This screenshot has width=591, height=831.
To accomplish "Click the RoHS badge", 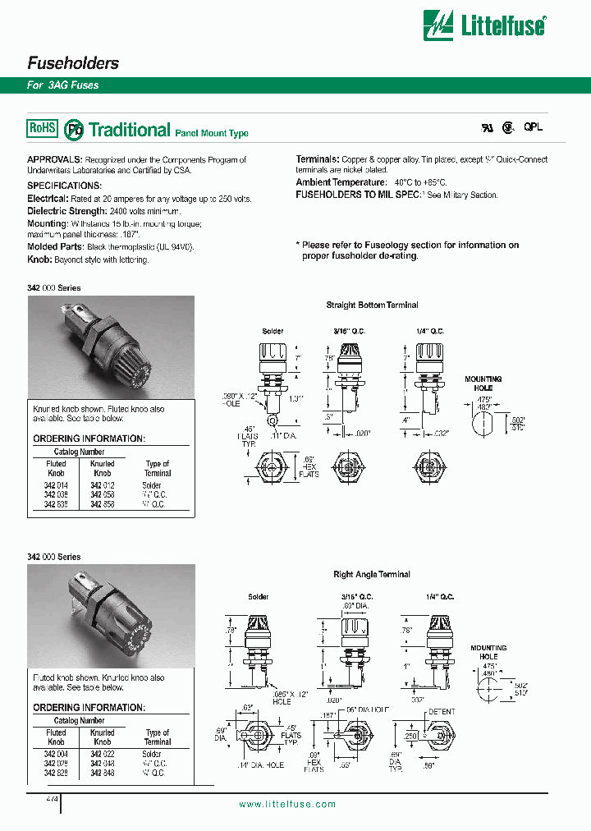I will pos(43,128).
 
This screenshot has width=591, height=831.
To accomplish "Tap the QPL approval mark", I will pos(534,128).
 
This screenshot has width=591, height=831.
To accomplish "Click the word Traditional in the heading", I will pos(129,130).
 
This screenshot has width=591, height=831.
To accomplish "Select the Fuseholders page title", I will pos(73,63).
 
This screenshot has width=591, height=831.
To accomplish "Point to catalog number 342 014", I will pos(56,486).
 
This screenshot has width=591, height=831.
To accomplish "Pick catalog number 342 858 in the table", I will pos(102,504).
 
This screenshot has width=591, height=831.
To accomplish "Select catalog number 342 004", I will pos(56,754).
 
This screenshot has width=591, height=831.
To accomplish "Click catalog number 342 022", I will pos(102,754).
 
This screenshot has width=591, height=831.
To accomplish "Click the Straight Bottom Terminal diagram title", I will pos(372,305).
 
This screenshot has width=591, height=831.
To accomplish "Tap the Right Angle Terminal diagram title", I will pos(372,575).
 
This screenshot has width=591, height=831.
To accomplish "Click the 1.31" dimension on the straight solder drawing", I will pos(297,397).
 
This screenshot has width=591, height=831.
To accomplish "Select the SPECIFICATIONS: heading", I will pos(65,186).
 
